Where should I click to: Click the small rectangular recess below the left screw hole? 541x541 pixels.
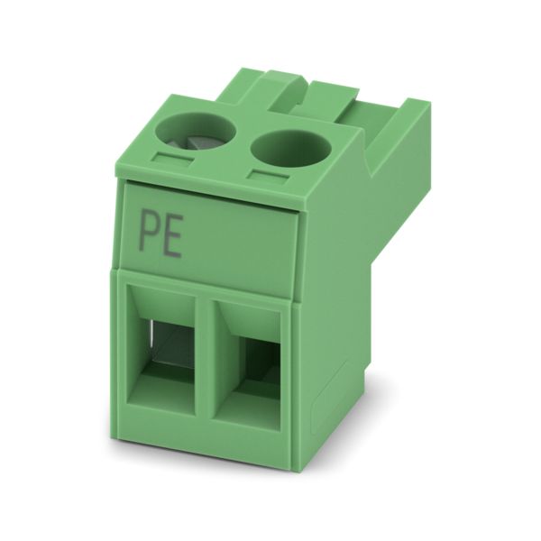point(172,159)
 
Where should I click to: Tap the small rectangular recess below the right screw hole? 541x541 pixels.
point(268,176)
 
